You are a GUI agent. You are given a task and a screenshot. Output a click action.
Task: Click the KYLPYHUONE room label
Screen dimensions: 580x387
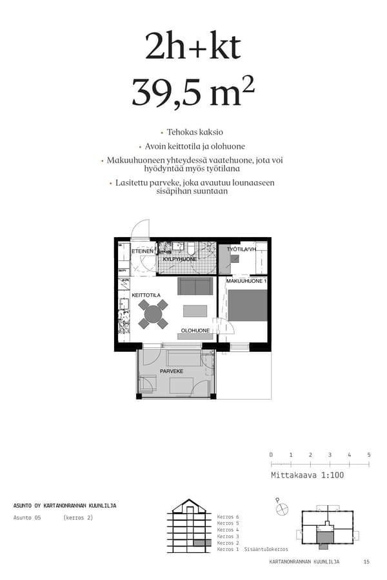(180, 259)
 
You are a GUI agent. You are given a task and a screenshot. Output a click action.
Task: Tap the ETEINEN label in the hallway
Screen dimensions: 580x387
(143, 251)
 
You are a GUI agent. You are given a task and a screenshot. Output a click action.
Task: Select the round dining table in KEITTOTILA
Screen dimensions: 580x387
(153, 314)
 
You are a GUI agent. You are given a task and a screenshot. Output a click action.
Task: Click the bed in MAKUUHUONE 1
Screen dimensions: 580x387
(247, 305)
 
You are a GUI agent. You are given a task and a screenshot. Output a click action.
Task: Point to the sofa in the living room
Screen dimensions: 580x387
(195, 286)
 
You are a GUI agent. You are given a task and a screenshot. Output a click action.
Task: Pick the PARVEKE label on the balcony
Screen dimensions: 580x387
(172, 371)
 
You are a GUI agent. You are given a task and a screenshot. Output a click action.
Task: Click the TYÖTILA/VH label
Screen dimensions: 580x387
(243, 249)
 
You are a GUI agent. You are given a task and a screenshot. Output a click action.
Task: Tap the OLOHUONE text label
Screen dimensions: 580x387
(195, 331)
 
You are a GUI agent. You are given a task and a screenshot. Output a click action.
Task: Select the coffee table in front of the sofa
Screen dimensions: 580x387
(195, 311)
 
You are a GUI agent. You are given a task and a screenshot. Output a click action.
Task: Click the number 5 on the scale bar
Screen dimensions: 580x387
(369, 455)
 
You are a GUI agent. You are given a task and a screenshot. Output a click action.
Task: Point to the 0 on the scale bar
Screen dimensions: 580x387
(271, 455)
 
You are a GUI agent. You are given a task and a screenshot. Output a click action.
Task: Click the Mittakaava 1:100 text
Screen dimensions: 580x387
(308, 475)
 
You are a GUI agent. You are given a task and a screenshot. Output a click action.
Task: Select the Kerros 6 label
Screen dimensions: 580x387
(228, 517)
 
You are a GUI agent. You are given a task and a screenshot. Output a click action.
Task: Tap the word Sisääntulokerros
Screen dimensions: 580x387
(266, 549)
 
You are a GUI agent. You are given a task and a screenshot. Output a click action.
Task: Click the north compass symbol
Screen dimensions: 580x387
(282, 509)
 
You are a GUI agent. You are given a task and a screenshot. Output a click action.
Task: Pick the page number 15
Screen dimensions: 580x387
(366, 562)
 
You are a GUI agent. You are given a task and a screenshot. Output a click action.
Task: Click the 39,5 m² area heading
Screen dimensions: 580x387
(193, 92)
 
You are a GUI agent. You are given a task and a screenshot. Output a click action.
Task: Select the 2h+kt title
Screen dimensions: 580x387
(193, 46)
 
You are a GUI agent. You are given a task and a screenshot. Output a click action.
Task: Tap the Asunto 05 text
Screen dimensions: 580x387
(27, 517)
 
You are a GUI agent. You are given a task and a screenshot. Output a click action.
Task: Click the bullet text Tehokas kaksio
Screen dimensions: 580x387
(194, 131)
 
